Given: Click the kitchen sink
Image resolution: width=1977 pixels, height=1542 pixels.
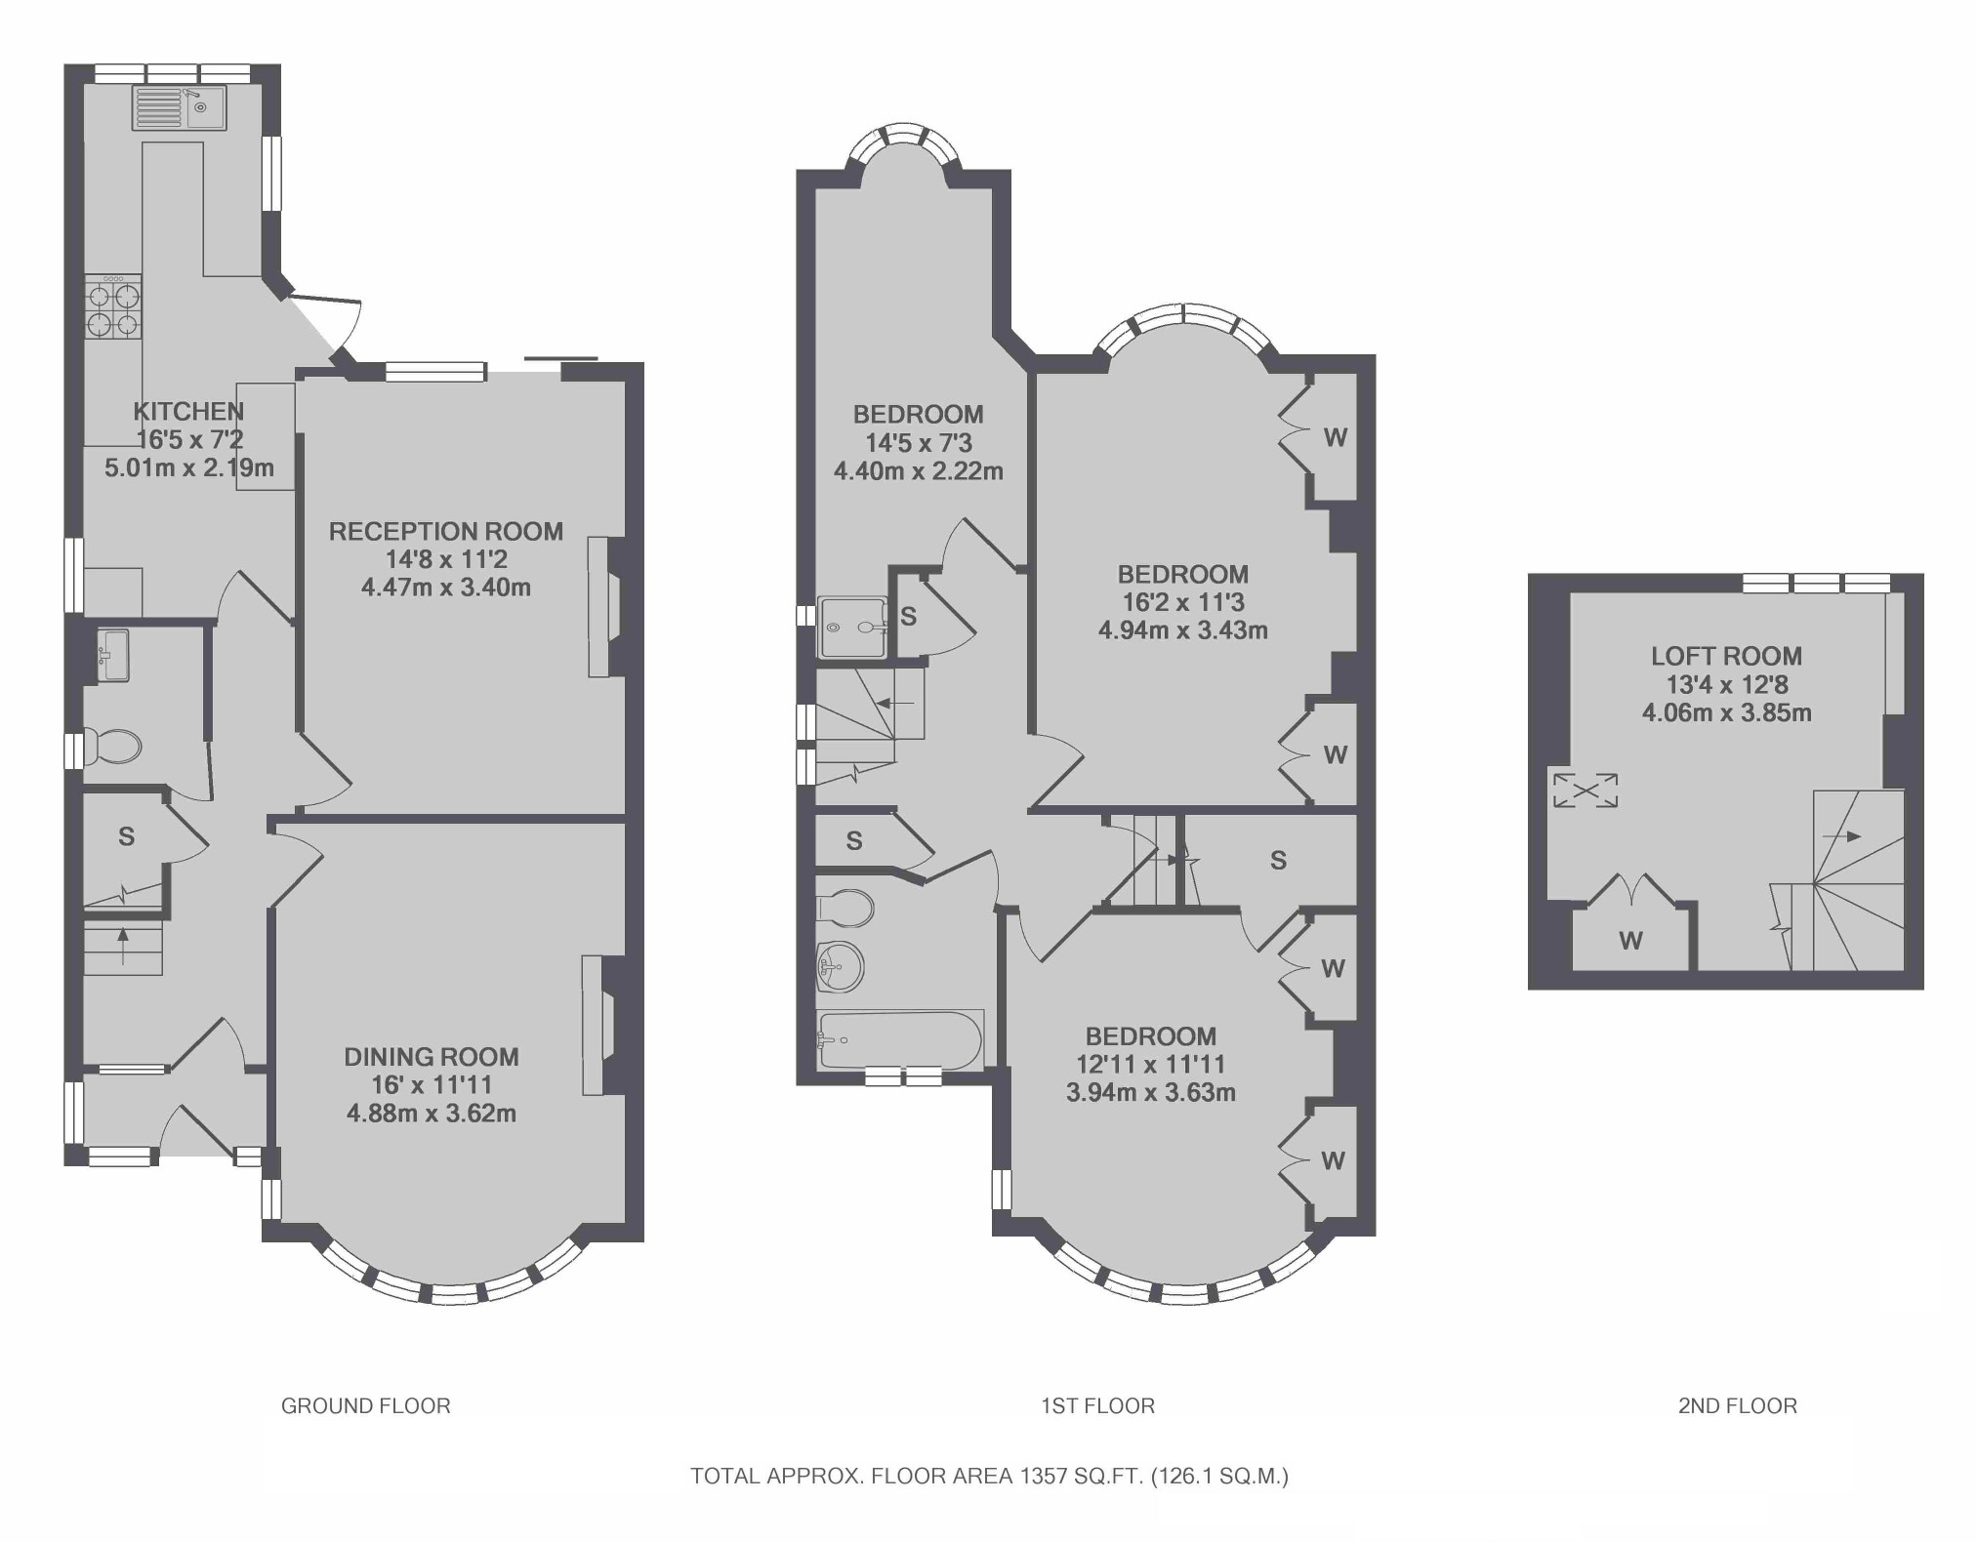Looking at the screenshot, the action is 180,107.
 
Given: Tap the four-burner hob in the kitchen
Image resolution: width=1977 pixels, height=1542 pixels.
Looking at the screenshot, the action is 113,307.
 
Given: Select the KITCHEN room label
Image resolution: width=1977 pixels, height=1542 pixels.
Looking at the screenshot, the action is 188,412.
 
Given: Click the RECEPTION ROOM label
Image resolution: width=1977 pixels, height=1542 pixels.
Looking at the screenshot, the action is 446,532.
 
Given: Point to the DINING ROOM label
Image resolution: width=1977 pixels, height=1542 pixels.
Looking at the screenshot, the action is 432,1057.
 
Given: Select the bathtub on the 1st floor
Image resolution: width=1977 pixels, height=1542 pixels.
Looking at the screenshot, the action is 900,1039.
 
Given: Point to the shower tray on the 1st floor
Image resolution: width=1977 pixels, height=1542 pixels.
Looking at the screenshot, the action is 853,628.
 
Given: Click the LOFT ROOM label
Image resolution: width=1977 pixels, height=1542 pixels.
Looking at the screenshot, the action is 1726,657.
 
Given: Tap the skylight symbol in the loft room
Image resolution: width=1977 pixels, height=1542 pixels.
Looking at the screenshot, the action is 1586,791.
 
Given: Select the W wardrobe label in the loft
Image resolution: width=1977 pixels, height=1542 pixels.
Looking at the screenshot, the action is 1630,941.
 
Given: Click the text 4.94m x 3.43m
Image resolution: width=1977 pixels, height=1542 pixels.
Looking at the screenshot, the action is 1183,630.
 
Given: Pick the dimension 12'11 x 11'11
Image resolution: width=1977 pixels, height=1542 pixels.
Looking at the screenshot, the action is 1151,1065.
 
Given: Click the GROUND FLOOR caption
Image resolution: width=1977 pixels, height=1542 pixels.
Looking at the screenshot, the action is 366,1406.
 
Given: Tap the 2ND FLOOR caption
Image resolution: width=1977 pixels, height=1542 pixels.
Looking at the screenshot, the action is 1738,1406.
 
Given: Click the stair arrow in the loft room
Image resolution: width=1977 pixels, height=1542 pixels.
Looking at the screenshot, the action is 1841,836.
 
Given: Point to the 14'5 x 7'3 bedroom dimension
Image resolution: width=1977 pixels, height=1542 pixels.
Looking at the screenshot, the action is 919,443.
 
